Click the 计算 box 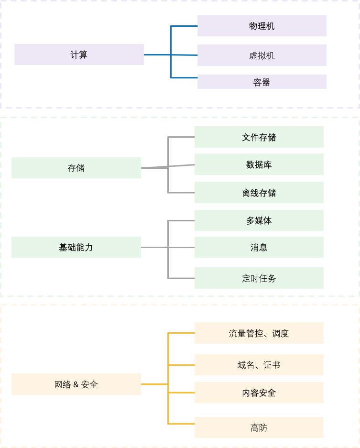coord(79,55)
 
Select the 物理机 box coord(262,26)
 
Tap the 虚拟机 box coord(262,55)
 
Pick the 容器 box coord(262,82)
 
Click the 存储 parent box coord(76,168)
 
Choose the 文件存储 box coord(259,137)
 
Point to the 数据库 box coord(259,164)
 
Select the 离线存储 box coord(259,193)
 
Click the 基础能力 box coord(76,247)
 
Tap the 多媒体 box coord(259,220)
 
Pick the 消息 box coord(259,247)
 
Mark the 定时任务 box coord(259,278)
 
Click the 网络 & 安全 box coord(76,384)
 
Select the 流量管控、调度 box coord(259,333)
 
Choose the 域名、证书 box coord(259,365)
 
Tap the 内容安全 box coord(259,393)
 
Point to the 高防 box coord(259,427)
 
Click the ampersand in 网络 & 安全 coord(76,384)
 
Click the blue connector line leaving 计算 coord(157,55)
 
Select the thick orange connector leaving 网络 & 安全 coord(154,384)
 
